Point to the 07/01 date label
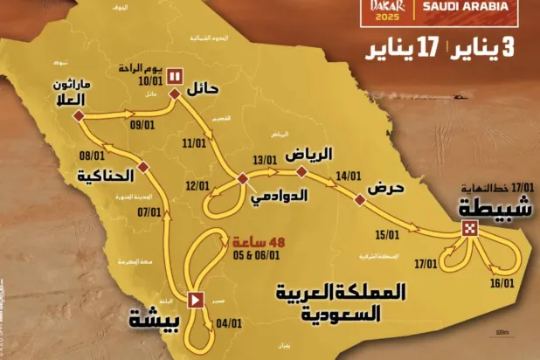[x=150, y=211]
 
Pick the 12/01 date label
[x=198, y=185]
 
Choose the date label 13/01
[x=264, y=162]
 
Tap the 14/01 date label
[x=348, y=176]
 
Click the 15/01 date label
[x=385, y=234]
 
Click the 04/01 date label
[x=229, y=322]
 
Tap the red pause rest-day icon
[x=174, y=76]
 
